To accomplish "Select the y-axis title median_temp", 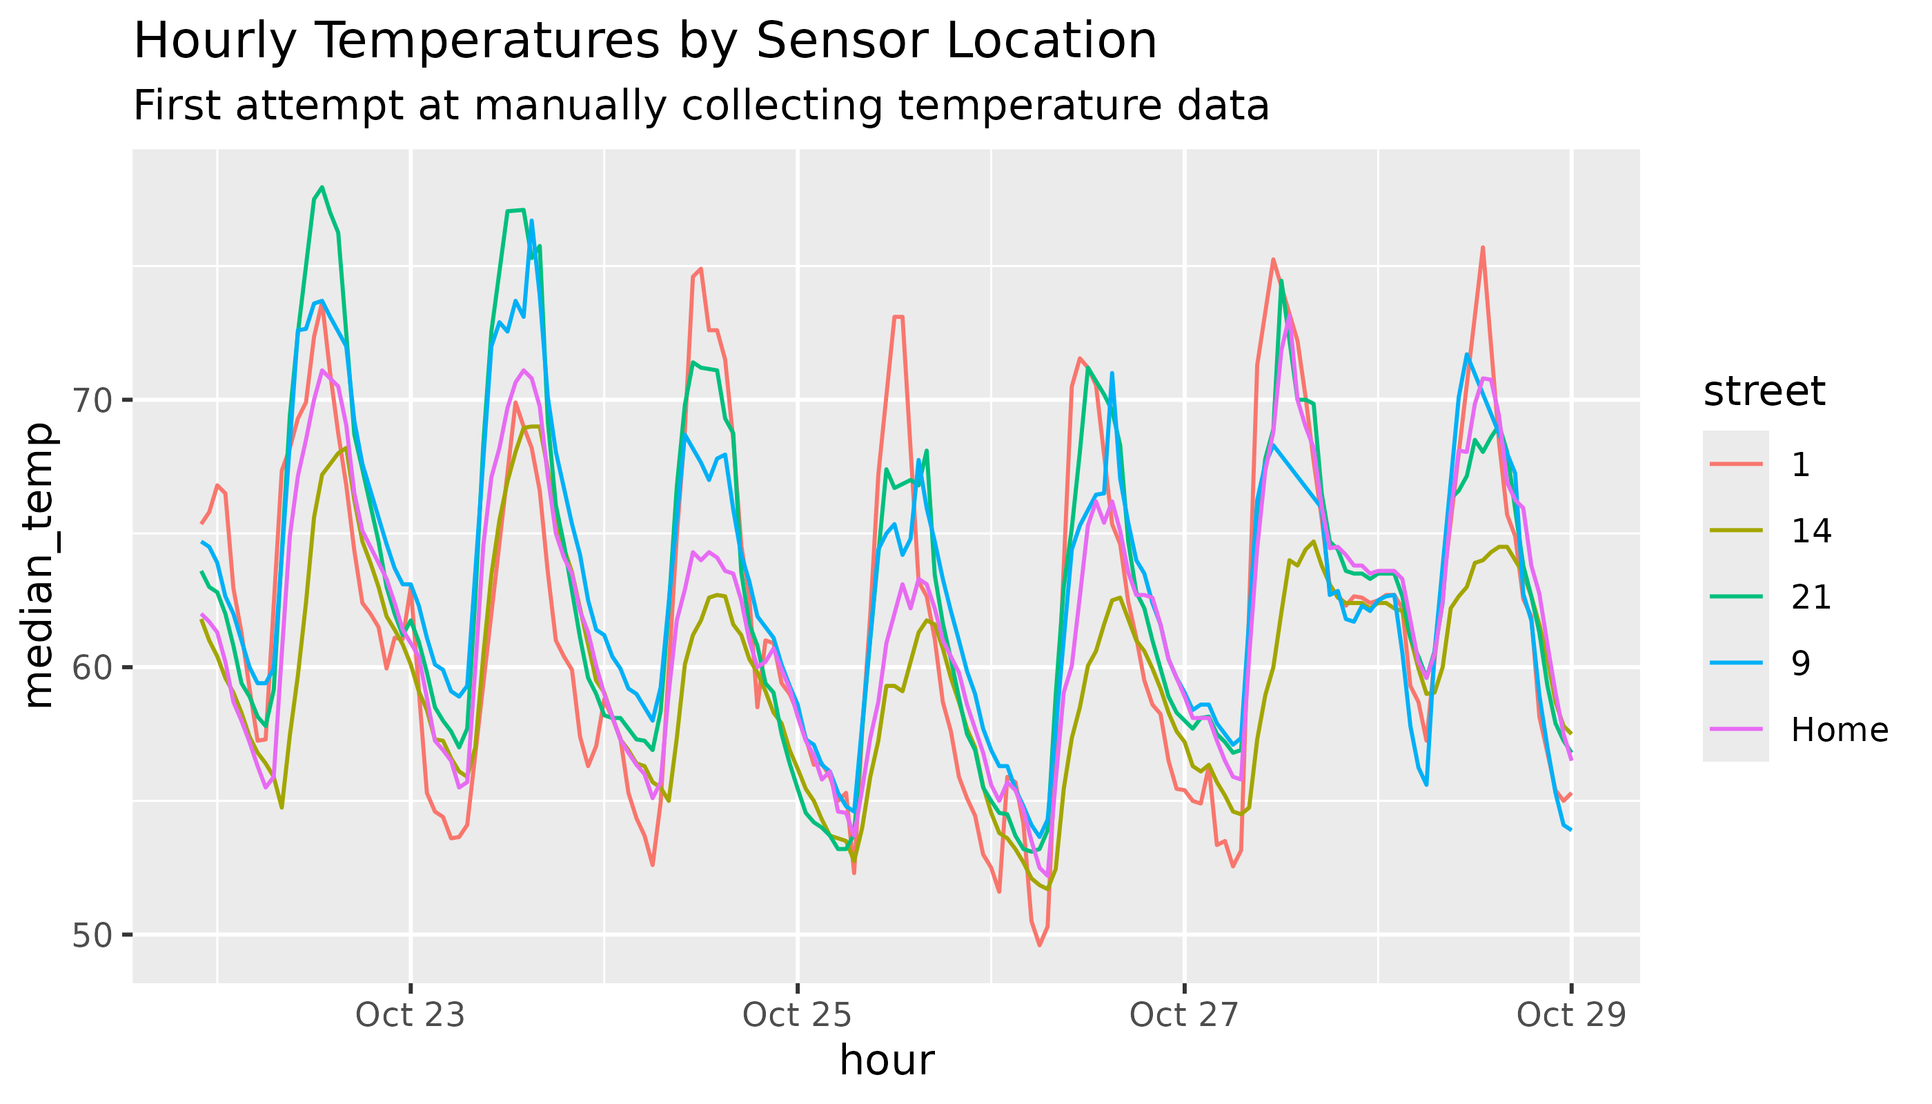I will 38,566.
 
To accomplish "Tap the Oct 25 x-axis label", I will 797,1015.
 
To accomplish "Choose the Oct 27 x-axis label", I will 1183,1015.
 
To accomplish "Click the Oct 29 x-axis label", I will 1571,1015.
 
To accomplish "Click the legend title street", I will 1764,392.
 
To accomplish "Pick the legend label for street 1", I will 1801,464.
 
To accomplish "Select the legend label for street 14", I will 1811,531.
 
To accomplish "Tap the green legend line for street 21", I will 1735,597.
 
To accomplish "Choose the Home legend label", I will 1839,730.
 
